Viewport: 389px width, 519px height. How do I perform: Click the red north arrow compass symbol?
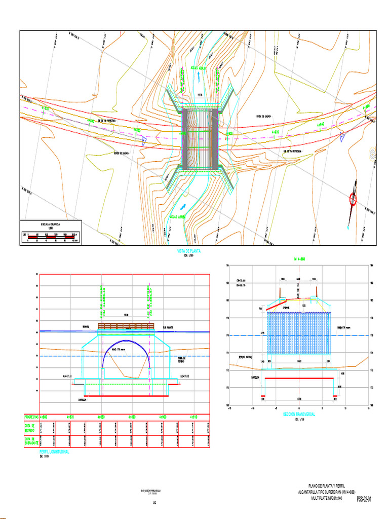(x=353, y=199)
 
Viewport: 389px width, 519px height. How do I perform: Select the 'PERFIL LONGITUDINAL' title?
(x=54, y=451)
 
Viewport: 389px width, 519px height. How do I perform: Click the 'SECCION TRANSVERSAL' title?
(x=299, y=414)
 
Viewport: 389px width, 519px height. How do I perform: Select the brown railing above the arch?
(x=126, y=325)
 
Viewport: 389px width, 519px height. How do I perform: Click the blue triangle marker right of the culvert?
(x=343, y=135)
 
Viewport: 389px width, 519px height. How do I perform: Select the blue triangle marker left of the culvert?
(x=144, y=142)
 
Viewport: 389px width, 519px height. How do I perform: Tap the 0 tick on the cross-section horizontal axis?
(x=299, y=407)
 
